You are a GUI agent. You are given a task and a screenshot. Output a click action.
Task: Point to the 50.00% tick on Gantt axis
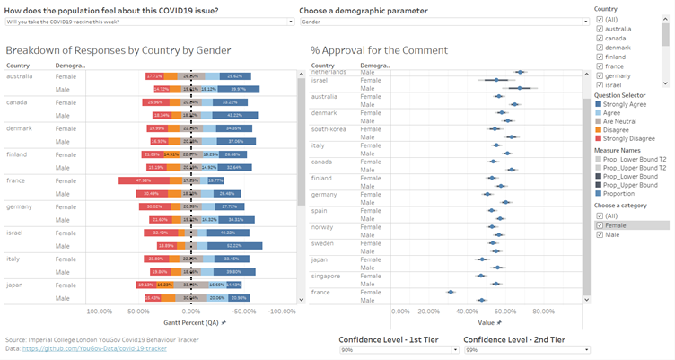tap(138, 312)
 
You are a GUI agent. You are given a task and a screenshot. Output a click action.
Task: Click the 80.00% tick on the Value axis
tap(543, 312)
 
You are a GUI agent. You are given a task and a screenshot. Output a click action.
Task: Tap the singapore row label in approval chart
tap(327, 277)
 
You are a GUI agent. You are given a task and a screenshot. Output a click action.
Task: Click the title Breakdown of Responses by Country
tap(118, 50)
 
